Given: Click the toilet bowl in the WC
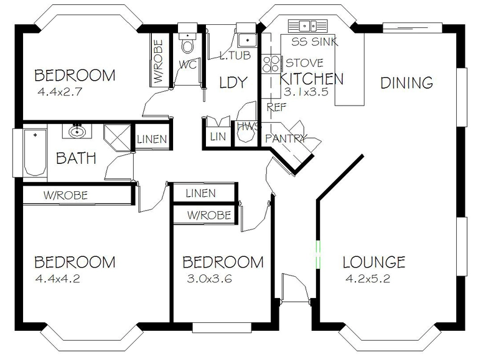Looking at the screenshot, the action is pos(188,47).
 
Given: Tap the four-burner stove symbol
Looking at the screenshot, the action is pos(270,64).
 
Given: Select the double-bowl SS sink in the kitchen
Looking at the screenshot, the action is pos(307,26).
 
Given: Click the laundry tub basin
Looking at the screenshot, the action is pos(247,40).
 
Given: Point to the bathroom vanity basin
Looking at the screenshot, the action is pos(77,132).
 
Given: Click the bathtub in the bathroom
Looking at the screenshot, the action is pos(35,152).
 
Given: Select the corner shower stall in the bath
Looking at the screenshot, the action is pos(117,138).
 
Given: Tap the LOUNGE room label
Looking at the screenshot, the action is pos(374,262).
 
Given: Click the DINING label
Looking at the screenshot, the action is pos(406,83).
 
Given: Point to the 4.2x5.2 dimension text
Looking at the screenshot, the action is pos(368,279).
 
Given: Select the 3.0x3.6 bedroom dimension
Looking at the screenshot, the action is pos(210,279).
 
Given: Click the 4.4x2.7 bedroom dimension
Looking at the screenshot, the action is pos(60,92).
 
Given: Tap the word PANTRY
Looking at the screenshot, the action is pos(286,138).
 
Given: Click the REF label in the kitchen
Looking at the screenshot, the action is pos(276,107).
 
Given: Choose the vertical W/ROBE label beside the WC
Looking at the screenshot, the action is pos(159,61).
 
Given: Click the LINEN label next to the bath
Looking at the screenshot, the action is pos(152,139).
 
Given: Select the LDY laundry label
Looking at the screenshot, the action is pos(233,82).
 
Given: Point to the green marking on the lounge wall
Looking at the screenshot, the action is pos(318,254).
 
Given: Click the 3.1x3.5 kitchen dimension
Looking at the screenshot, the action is pos(306,92).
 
